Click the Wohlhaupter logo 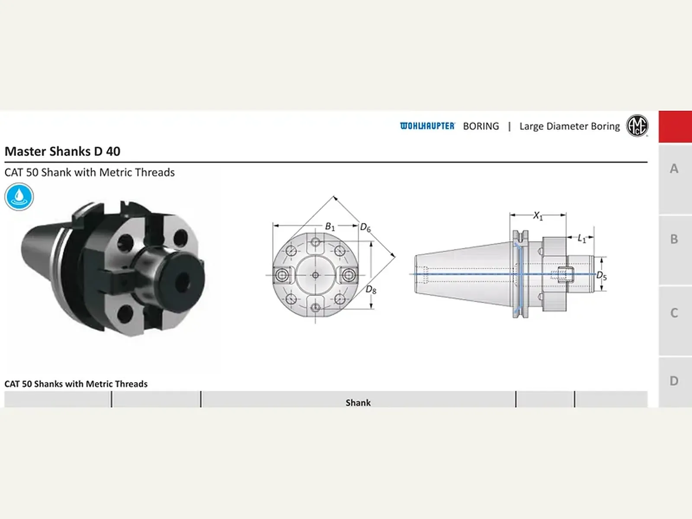click(x=427, y=126)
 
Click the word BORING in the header click(x=481, y=126)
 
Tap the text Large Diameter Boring click(x=569, y=126)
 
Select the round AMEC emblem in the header click(x=637, y=125)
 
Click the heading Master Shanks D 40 click(x=62, y=151)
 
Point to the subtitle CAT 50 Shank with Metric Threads click(x=90, y=173)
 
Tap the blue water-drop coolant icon click(x=19, y=197)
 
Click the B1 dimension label click(x=330, y=227)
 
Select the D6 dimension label click(x=365, y=227)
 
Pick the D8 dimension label click(x=371, y=290)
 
